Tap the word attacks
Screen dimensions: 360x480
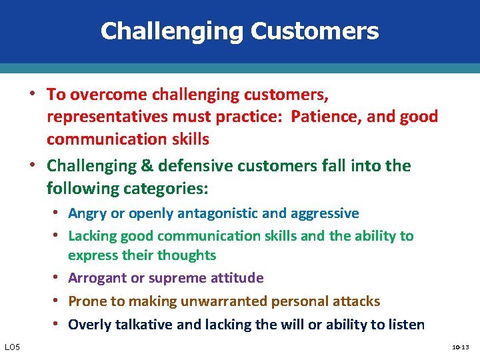coord(355,301)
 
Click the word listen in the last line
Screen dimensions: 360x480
coord(406,325)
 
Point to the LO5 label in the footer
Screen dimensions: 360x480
coord(13,347)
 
